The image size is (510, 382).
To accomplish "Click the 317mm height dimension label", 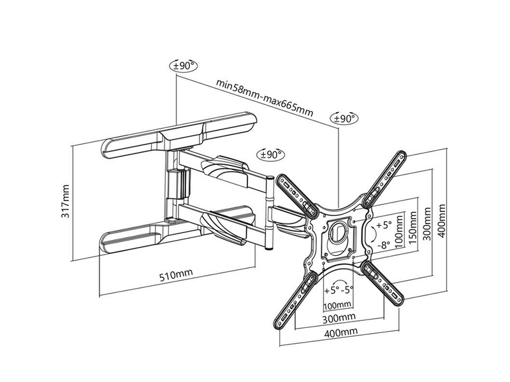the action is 66,201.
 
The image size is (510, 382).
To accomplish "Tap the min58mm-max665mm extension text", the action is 265,98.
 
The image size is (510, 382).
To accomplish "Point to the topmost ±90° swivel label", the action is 184,66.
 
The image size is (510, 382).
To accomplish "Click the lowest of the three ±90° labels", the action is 270,154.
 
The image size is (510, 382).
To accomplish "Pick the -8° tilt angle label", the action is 384,244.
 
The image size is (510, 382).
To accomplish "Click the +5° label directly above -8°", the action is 384,225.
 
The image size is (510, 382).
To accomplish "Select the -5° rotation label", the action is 347,290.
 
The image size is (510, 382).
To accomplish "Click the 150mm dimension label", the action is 413,228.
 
